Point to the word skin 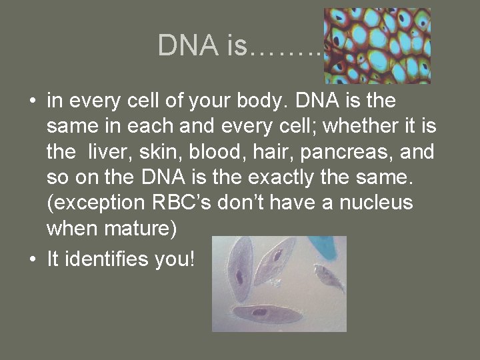[x=158, y=152]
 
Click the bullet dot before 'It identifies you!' [x=33, y=259]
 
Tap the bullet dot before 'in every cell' [x=33, y=102]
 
